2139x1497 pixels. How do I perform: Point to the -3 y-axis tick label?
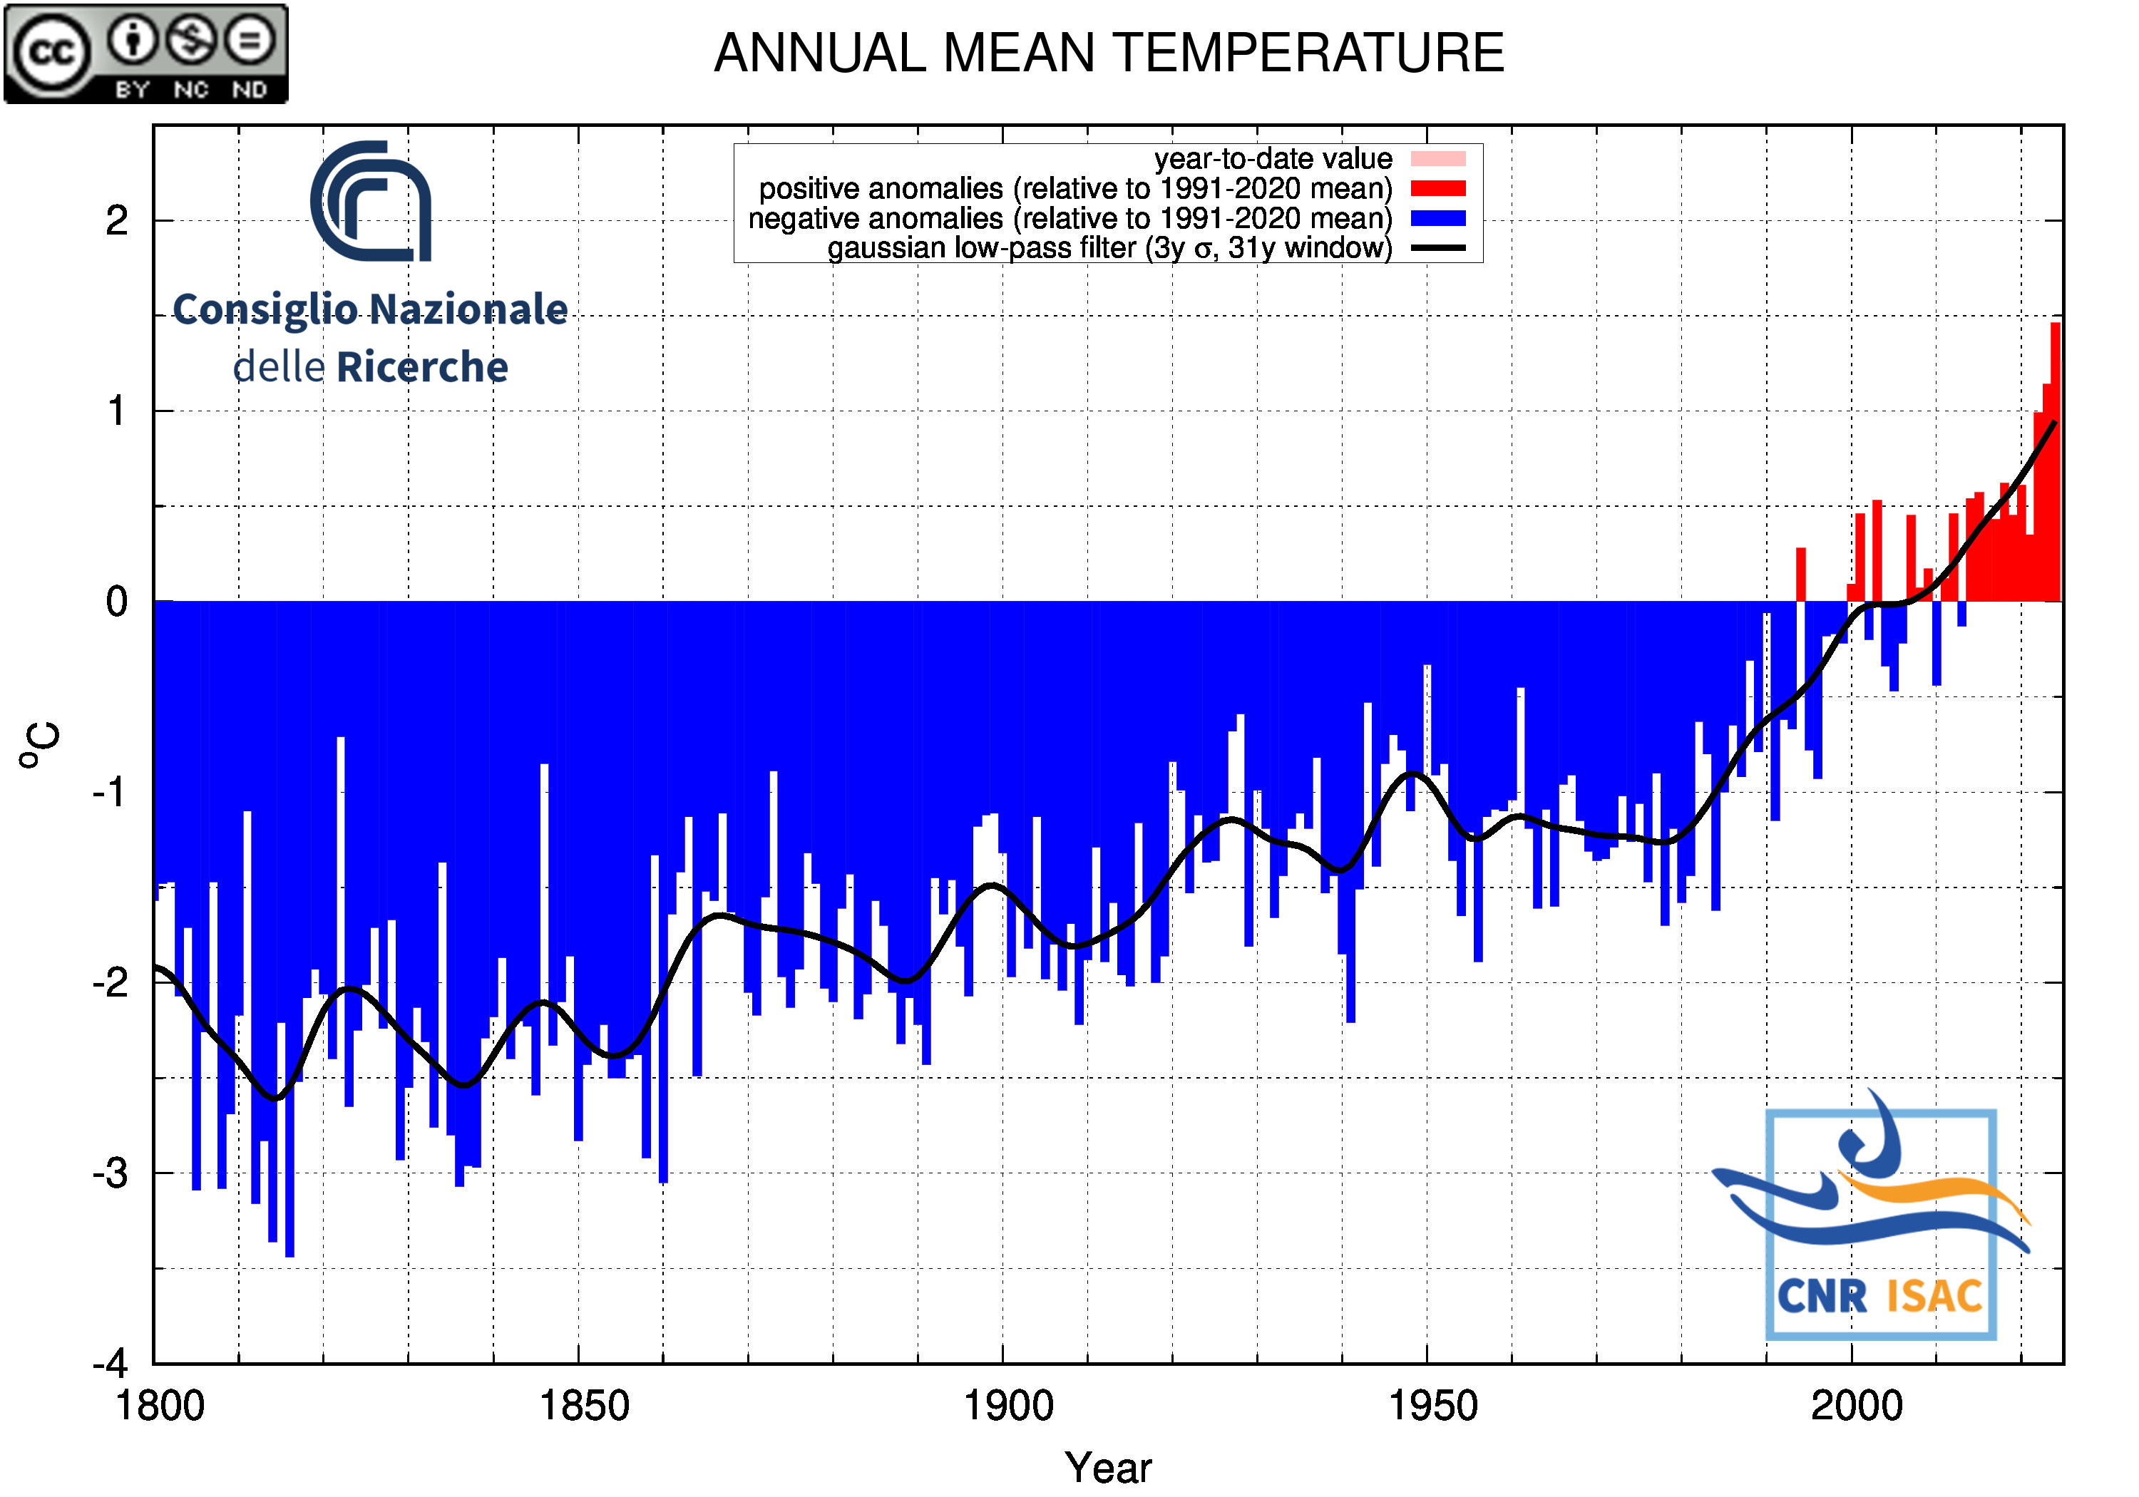[x=110, y=1174]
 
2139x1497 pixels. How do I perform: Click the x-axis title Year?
[x=1108, y=1468]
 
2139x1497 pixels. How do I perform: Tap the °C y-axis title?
[x=39, y=745]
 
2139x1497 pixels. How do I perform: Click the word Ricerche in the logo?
[x=422, y=368]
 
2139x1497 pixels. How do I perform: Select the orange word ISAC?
[x=1934, y=1297]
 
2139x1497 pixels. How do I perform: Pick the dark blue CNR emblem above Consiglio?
[x=371, y=201]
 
